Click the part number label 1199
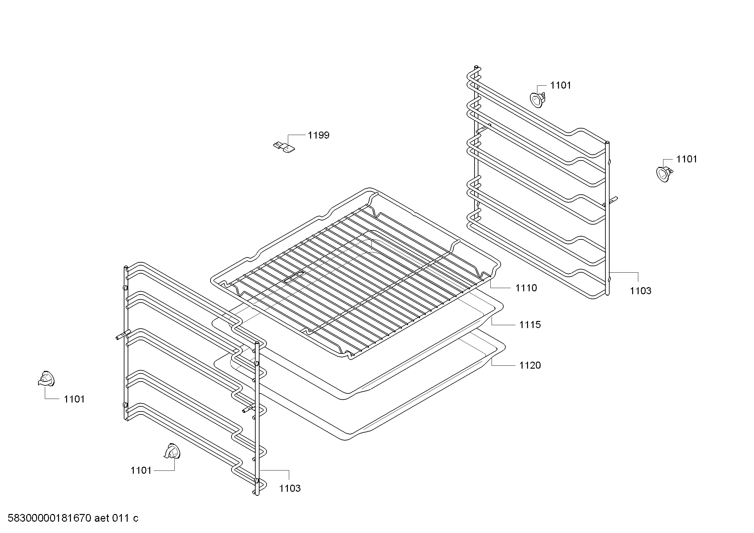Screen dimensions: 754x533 pos(318,135)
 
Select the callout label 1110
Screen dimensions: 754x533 pos(526,288)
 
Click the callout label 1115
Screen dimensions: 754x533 pos(530,325)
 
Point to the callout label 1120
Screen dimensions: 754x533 pos(530,365)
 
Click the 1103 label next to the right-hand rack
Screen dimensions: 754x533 pos(641,291)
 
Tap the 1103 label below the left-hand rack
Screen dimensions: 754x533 pos(290,488)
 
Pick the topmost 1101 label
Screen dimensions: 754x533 pos(561,85)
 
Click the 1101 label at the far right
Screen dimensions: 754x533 pos(687,159)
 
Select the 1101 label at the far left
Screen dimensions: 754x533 pos(74,399)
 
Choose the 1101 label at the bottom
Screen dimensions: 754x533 pos(141,470)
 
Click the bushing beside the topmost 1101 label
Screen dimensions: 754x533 pos(537,100)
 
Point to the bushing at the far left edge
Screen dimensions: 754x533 pos(46,379)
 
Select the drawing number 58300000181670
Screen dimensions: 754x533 pos(49,518)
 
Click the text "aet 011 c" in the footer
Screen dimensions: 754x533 pos(116,518)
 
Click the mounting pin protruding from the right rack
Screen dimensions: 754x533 pos(612,200)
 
